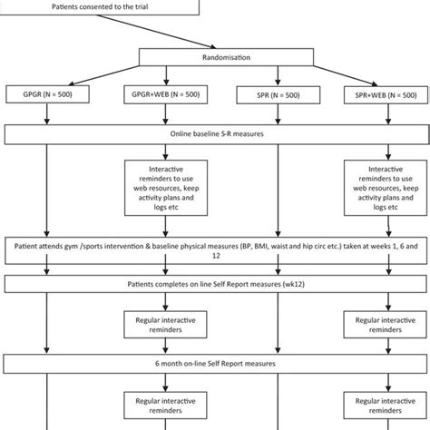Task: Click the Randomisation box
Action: tap(226, 57)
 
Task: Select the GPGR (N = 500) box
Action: tap(47, 94)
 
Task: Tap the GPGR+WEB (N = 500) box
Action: tap(166, 94)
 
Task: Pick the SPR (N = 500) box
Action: tap(279, 95)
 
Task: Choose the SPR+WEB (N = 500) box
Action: tap(386, 95)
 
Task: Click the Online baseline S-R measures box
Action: tap(217, 134)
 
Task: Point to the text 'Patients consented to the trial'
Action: tap(100, 6)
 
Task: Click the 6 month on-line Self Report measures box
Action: tap(215, 364)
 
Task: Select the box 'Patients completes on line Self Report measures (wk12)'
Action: tap(216, 284)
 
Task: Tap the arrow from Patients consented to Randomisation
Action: tap(156, 32)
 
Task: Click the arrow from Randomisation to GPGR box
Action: tap(103, 75)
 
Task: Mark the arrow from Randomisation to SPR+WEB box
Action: tap(346, 75)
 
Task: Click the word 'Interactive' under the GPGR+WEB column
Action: tap(166, 169)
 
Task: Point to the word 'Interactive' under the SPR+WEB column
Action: tap(386, 169)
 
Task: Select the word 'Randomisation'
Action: tap(226, 57)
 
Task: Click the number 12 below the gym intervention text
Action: tap(216, 256)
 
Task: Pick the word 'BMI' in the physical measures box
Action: tap(261, 246)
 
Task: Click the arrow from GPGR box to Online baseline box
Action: tap(47, 113)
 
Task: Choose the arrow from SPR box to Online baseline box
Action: tap(278, 114)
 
